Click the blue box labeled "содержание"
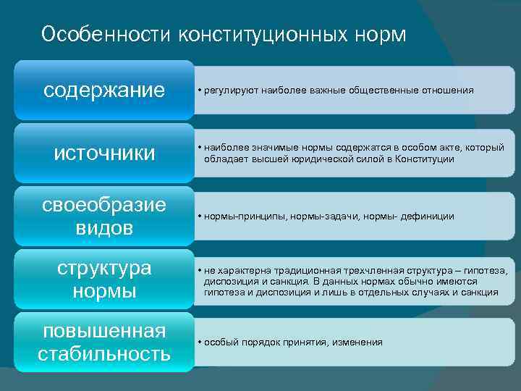[x=104, y=91]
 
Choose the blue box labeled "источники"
[x=104, y=154]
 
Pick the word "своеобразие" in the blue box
[x=104, y=205]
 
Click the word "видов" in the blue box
[x=104, y=228]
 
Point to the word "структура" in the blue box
[x=104, y=268]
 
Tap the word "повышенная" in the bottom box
[x=104, y=331]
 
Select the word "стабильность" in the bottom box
[x=104, y=354]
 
